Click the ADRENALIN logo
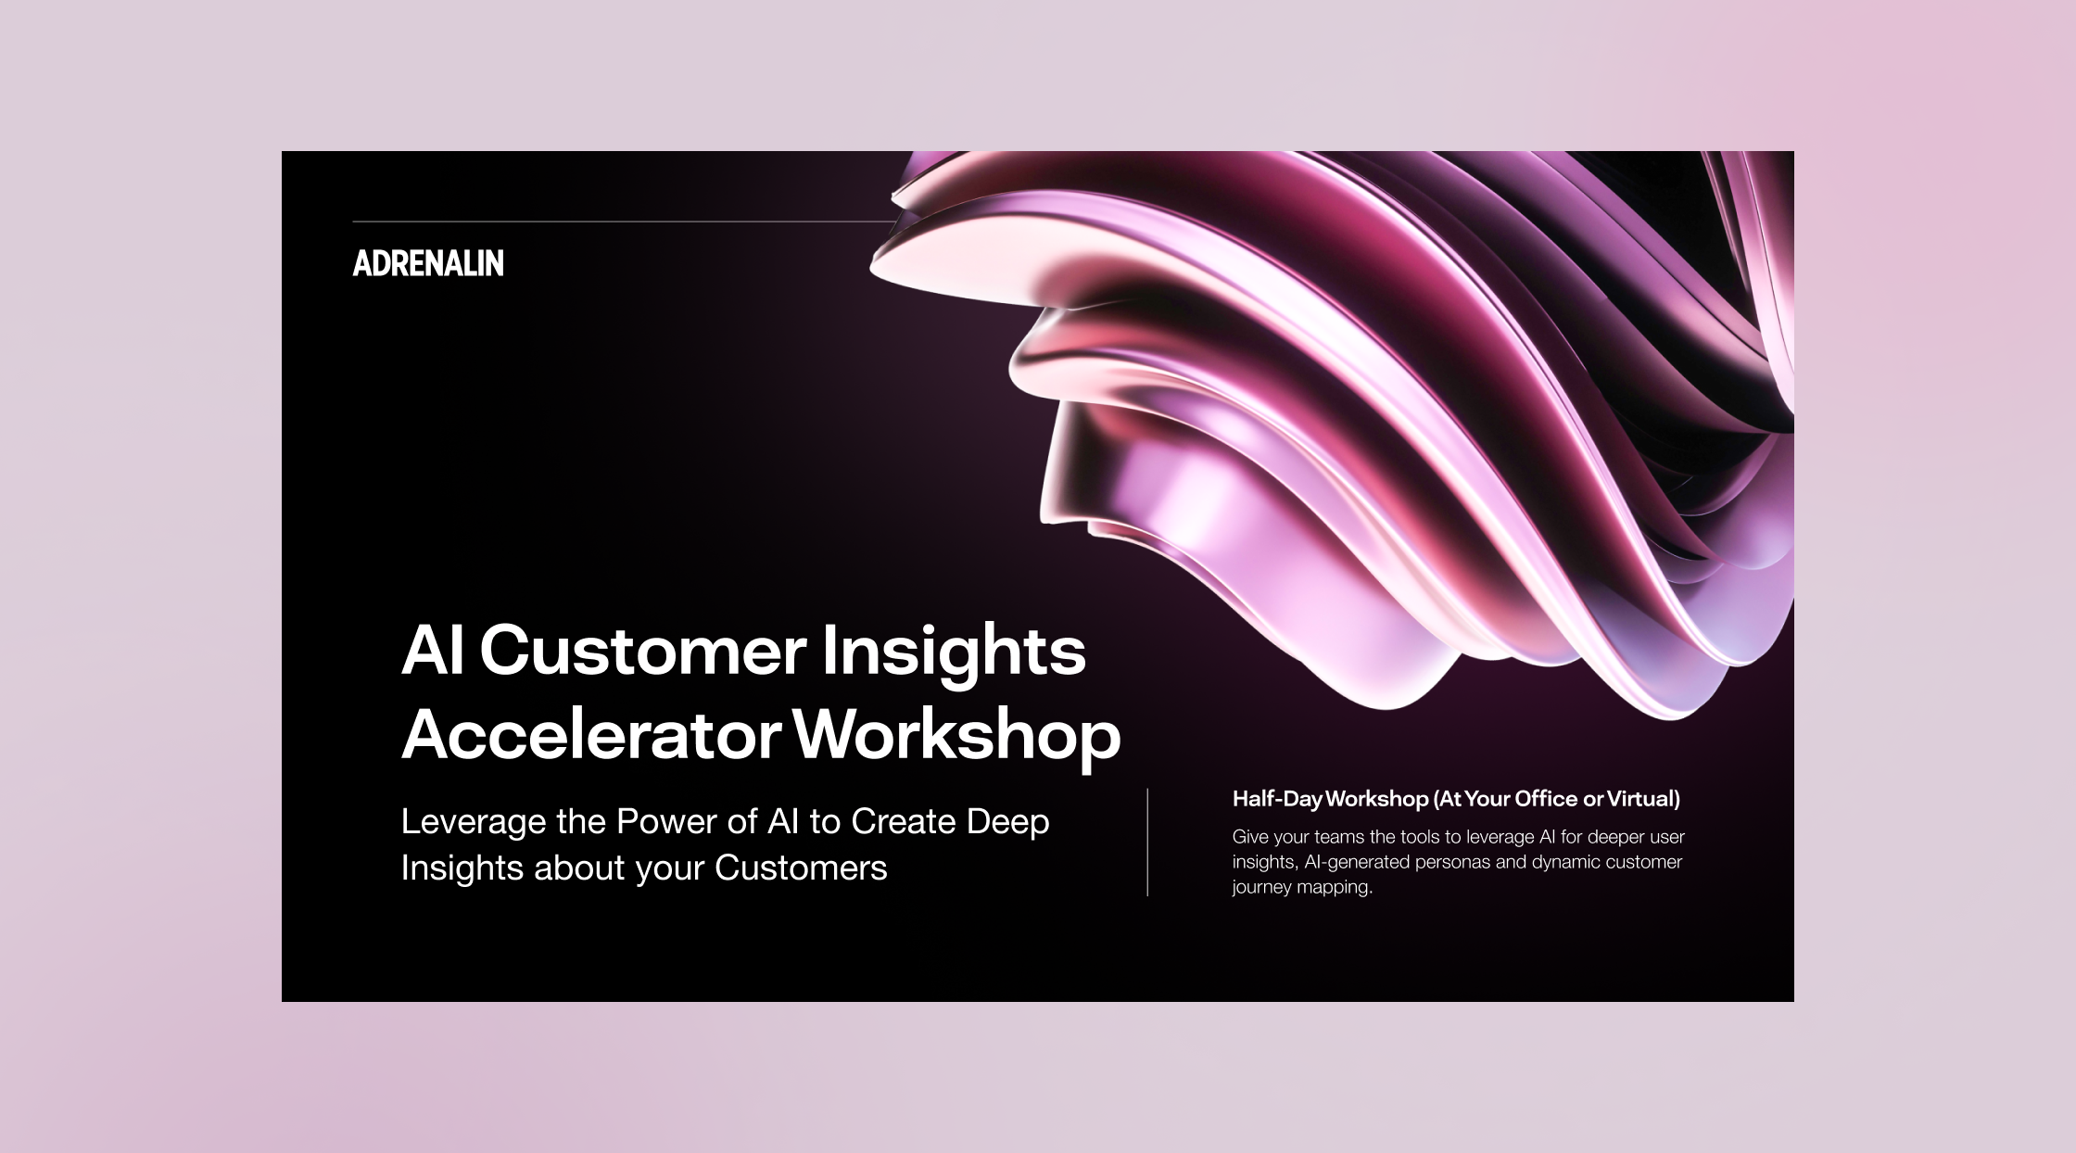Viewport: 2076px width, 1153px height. click(428, 263)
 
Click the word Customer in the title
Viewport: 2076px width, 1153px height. click(642, 651)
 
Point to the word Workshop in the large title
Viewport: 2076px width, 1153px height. click(957, 737)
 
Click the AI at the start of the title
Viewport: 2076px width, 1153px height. click(433, 651)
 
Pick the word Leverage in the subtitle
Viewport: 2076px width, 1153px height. click(474, 823)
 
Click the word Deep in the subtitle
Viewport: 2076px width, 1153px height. click(1008, 823)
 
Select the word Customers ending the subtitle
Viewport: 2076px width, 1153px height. click(801, 868)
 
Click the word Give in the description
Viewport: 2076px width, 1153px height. click(1250, 837)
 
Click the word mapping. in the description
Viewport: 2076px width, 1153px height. click(1335, 888)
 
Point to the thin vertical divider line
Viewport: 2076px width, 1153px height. click(1147, 843)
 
